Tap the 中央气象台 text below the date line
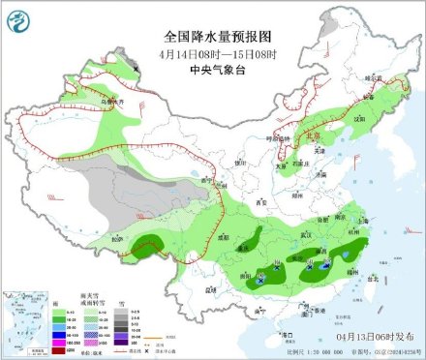pyautogui.click(x=213, y=54)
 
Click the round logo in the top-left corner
pyautogui.click(x=18, y=18)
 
